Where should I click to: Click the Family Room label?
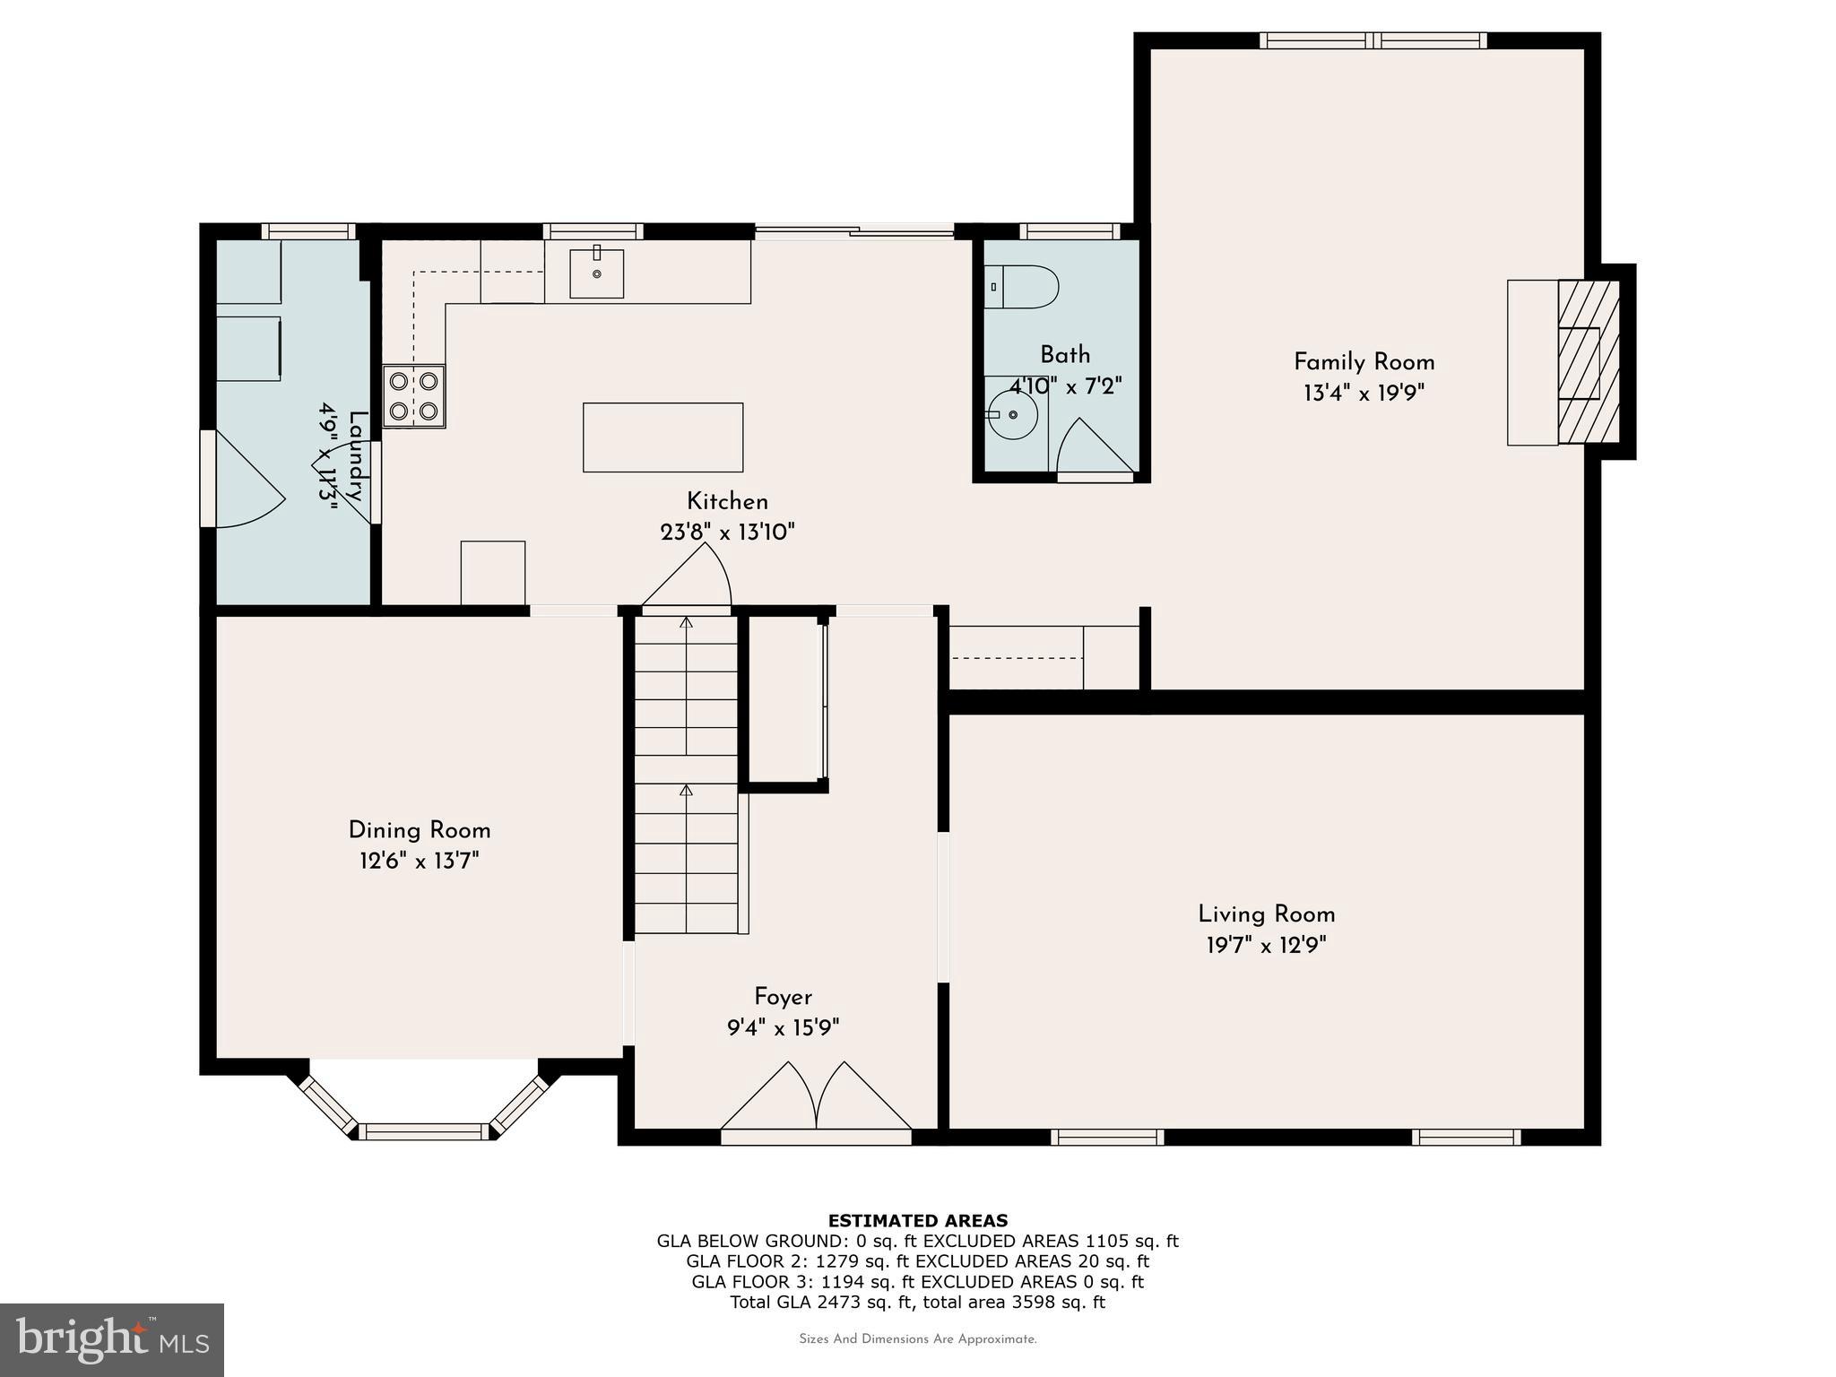[x=1364, y=362]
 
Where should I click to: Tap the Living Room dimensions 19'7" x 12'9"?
[x=1266, y=945]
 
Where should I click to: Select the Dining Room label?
[x=419, y=830]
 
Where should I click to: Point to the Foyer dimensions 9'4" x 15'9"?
[x=783, y=1027]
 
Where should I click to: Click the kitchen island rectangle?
[x=663, y=437]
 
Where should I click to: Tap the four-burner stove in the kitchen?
[x=413, y=395]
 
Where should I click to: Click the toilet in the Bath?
[x=1022, y=287]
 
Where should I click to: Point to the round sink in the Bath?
[x=1012, y=415]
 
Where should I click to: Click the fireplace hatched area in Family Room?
[x=1589, y=362]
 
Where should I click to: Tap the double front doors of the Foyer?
[x=816, y=1098]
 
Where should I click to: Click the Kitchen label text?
[x=727, y=501]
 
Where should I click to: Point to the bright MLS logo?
[x=112, y=1339]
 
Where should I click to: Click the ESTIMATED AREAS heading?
[x=917, y=1220]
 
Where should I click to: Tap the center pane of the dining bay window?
[x=424, y=1131]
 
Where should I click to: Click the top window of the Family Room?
[x=1373, y=40]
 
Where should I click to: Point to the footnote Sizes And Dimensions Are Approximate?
[x=917, y=1339]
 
